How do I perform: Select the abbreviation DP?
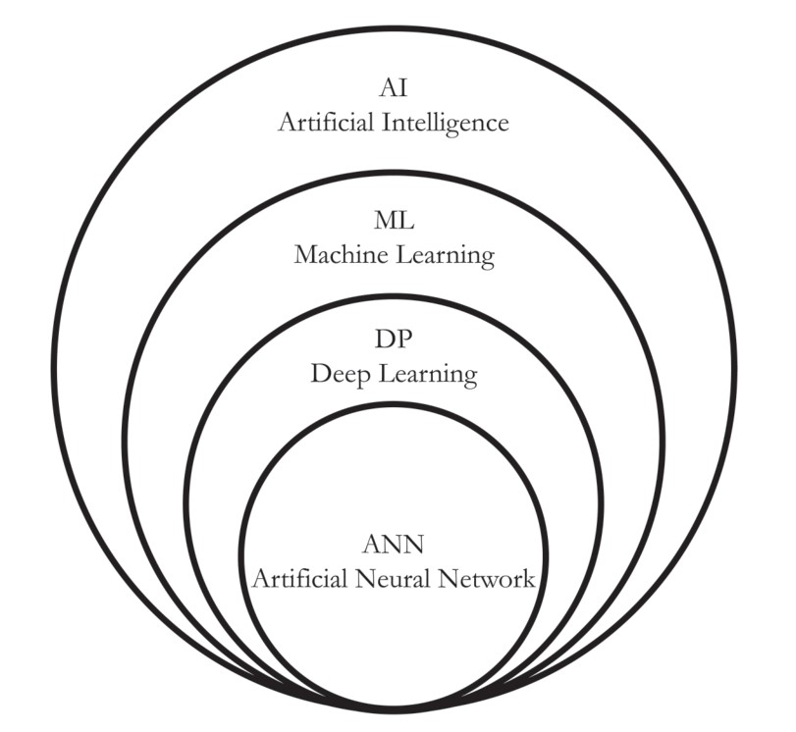[393, 342]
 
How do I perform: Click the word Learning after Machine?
[445, 257]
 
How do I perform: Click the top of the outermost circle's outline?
[393, 28]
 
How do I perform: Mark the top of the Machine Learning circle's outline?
[393, 173]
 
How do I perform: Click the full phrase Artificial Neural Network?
[393, 579]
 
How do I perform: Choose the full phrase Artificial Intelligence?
[393, 124]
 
